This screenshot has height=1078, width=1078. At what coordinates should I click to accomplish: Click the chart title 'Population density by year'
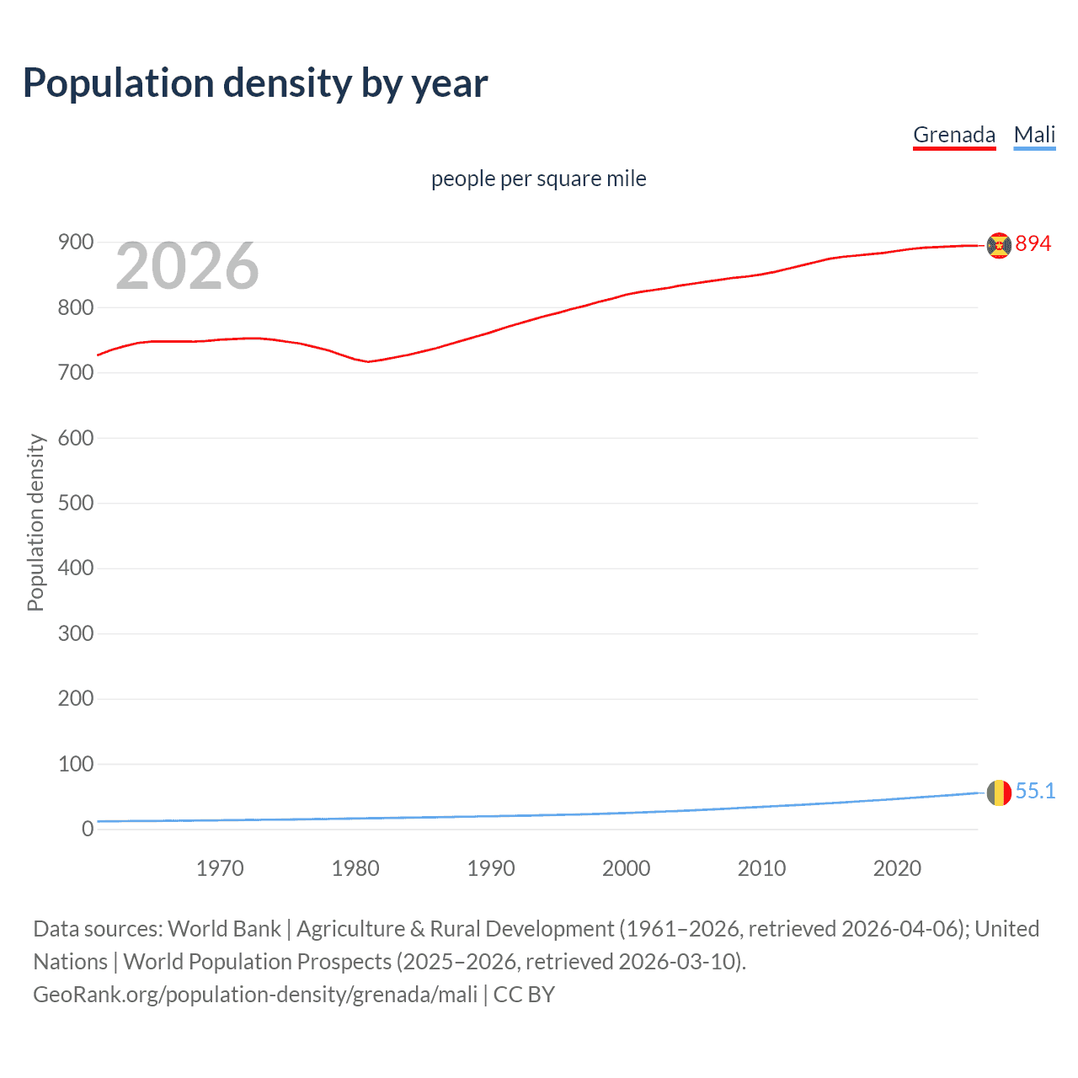pyautogui.click(x=255, y=83)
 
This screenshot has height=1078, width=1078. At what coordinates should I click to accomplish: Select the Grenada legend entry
pyautogui.click(x=954, y=135)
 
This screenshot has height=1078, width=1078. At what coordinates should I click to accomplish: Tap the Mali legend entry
pyautogui.click(x=1034, y=135)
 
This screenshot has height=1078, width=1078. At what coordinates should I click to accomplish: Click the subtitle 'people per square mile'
pyautogui.click(x=539, y=179)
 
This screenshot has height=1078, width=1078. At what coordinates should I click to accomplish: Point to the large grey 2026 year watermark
pyautogui.click(x=187, y=266)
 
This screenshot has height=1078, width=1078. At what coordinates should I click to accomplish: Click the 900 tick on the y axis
pyautogui.click(x=76, y=243)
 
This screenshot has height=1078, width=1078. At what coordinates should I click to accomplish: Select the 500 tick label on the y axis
pyautogui.click(x=76, y=503)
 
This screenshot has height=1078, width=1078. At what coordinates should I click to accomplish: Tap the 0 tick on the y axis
pyautogui.click(x=88, y=829)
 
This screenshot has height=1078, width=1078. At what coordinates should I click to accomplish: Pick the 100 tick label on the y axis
pyautogui.click(x=76, y=764)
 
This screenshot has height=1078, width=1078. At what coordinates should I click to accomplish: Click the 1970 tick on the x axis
pyautogui.click(x=220, y=868)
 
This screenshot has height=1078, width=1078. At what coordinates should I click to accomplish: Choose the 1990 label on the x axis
pyautogui.click(x=491, y=868)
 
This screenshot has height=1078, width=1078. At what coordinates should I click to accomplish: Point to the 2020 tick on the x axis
pyautogui.click(x=897, y=868)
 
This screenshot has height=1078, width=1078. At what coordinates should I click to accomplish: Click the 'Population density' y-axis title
pyautogui.click(x=35, y=522)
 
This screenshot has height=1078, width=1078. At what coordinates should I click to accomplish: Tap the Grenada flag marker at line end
pyautogui.click(x=999, y=245)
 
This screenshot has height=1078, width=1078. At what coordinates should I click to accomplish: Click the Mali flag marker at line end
pyautogui.click(x=999, y=792)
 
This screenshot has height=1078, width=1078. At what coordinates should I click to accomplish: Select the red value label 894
pyautogui.click(x=1033, y=243)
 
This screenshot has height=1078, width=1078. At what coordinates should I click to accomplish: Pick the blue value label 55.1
pyautogui.click(x=1035, y=791)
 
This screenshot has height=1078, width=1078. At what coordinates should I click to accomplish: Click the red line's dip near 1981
pyautogui.click(x=368, y=361)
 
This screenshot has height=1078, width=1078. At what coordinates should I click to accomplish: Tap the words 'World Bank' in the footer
pyautogui.click(x=224, y=929)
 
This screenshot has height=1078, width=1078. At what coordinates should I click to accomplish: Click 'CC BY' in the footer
pyautogui.click(x=524, y=995)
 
